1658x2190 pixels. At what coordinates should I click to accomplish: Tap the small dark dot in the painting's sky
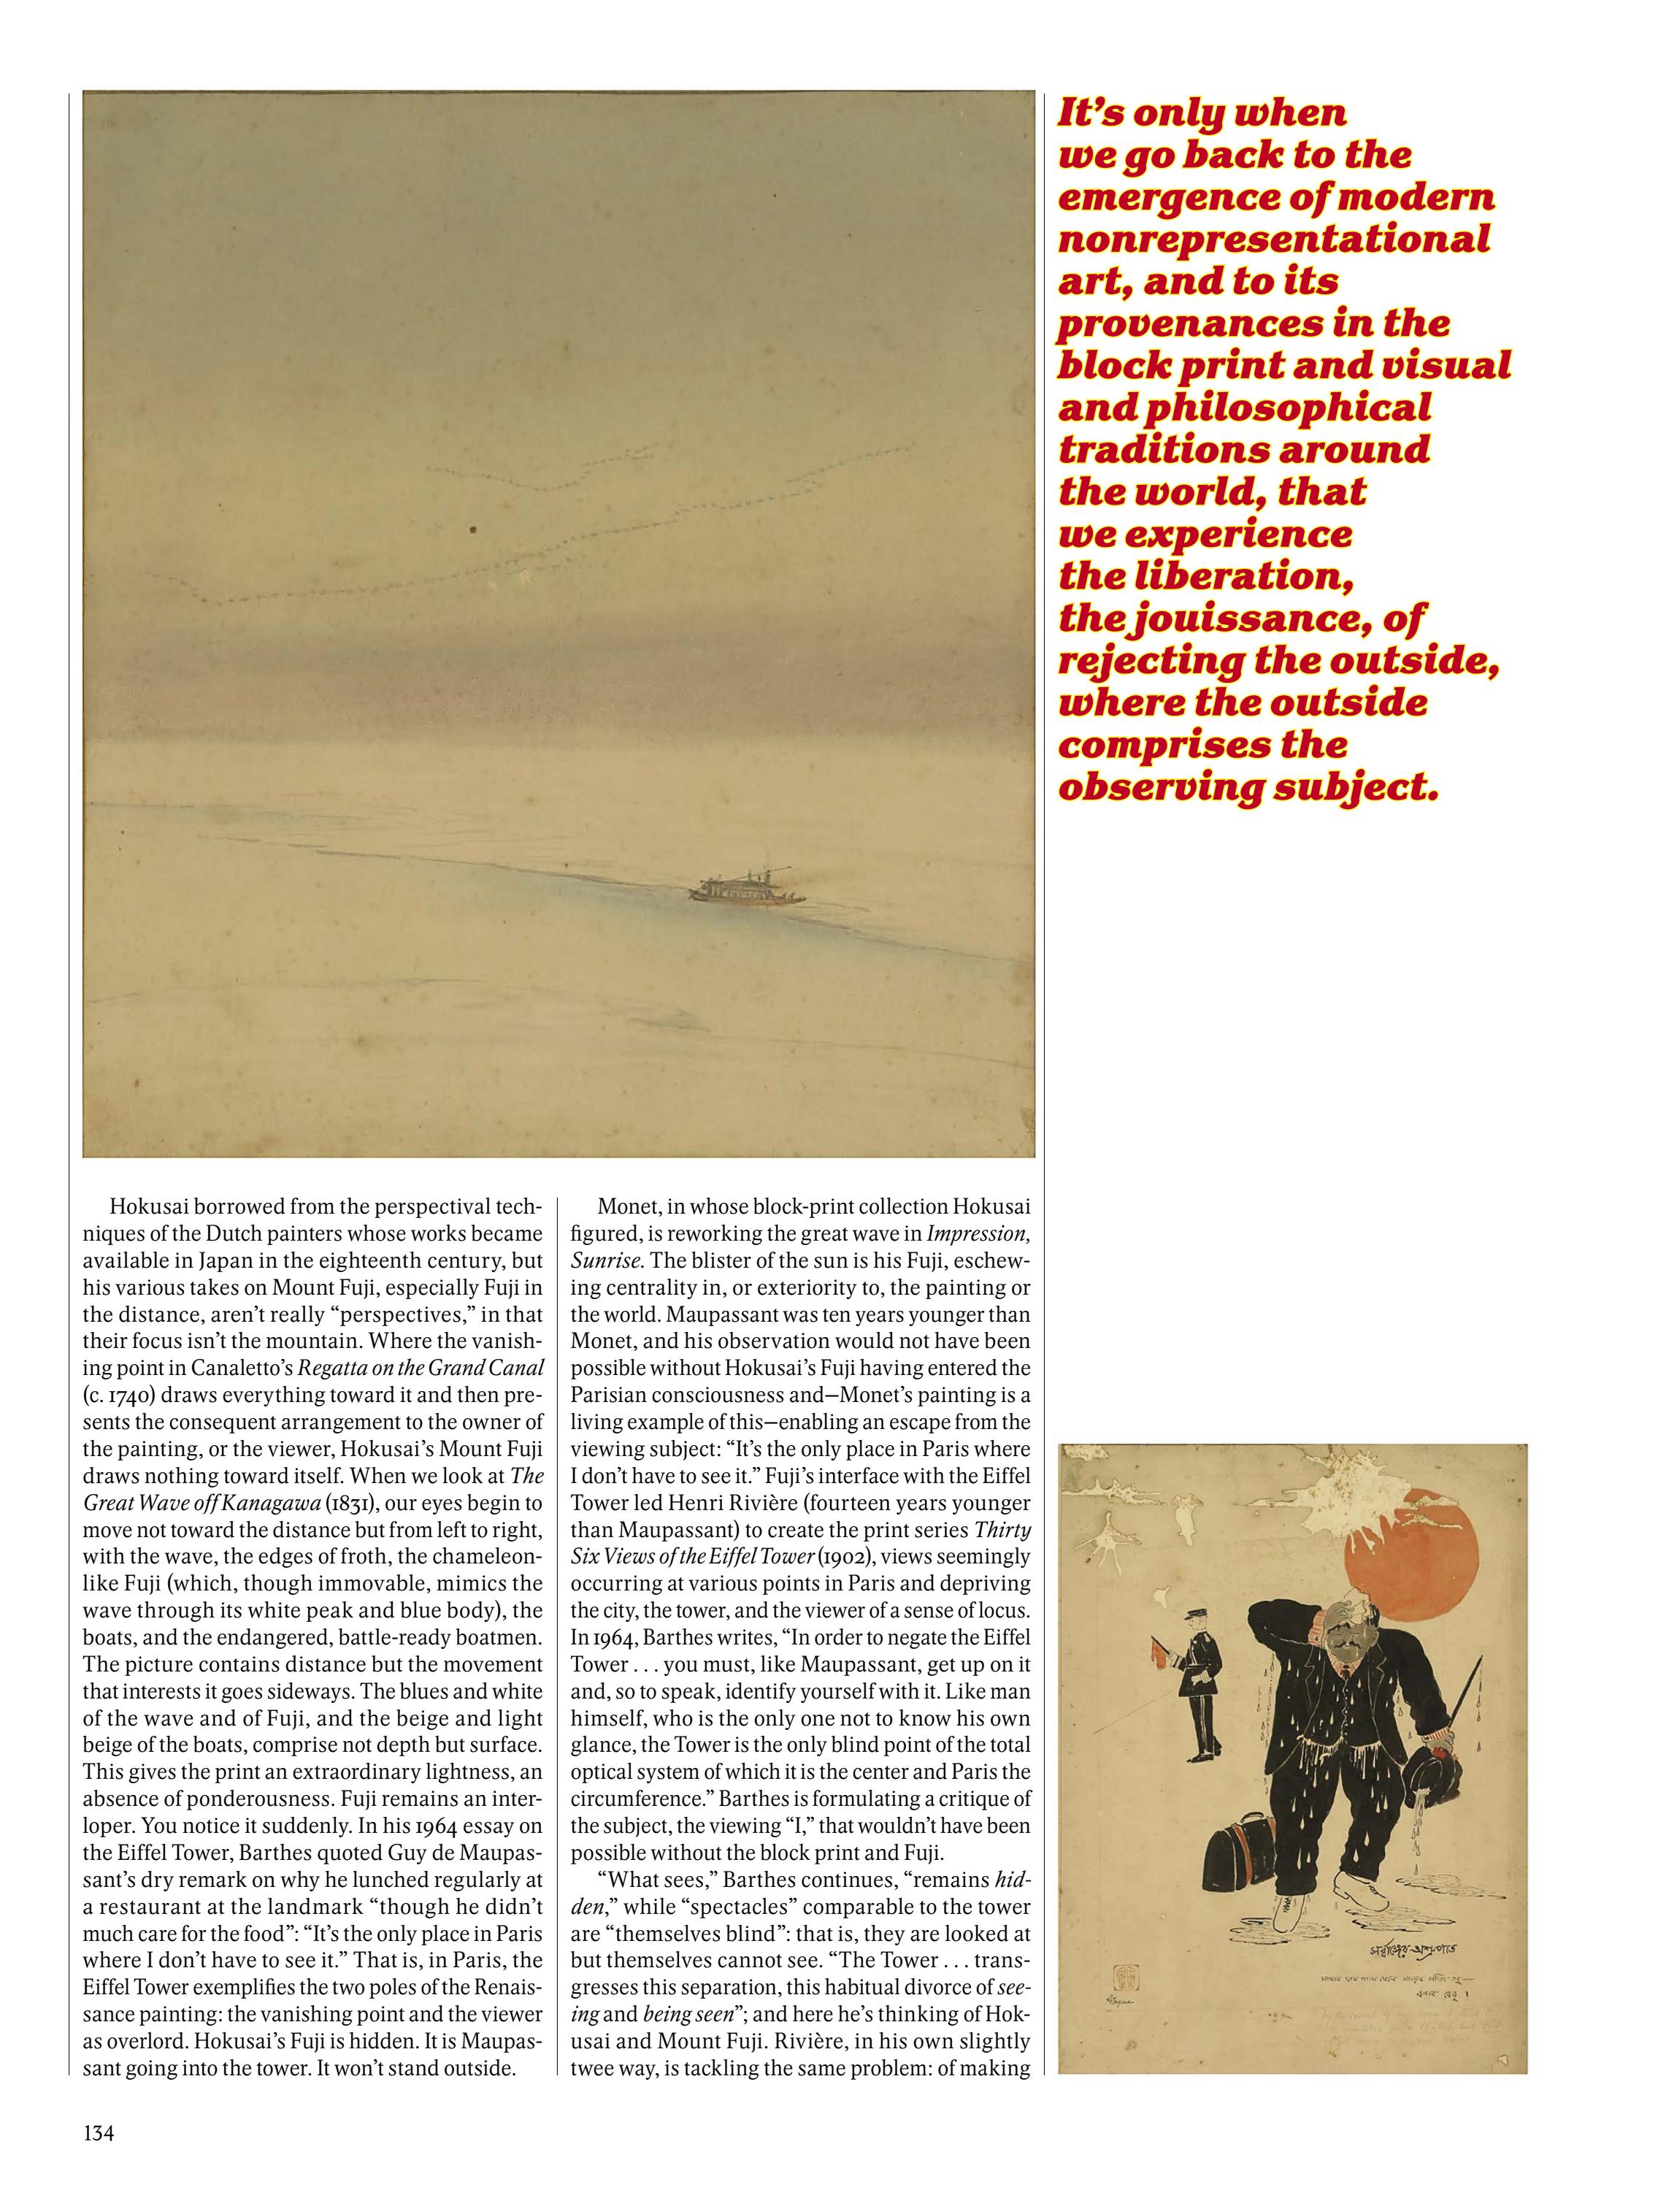click(473, 529)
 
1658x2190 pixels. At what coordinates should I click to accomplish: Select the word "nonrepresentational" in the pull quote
click(1274, 240)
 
